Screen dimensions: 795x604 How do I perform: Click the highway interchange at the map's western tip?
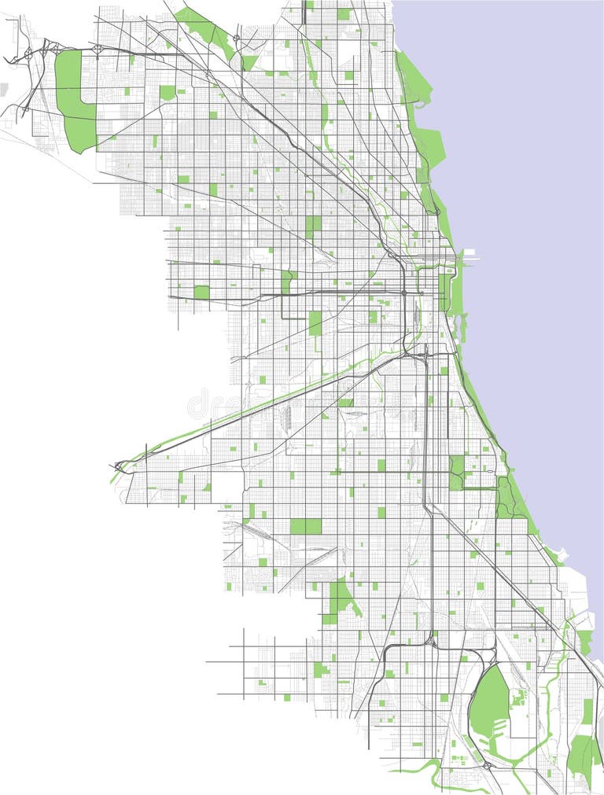[x=118, y=466]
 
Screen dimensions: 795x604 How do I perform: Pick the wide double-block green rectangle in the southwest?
[x=305, y=526]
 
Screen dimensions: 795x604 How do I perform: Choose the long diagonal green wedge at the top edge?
[x=206, y=28]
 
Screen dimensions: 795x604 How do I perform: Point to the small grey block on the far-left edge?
[x=3, y=88]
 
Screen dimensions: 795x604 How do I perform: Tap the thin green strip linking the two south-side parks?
[x=480, y=489]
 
